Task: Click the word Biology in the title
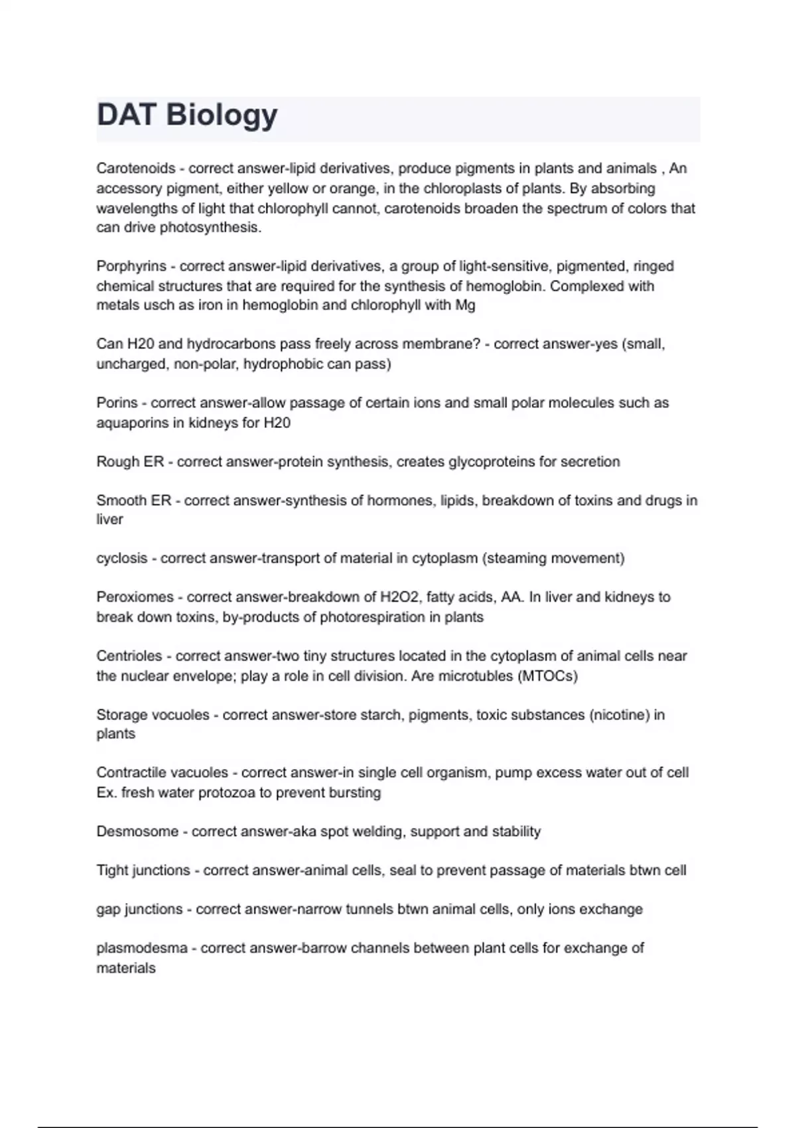coord(222,115)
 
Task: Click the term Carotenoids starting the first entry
coord(136,169)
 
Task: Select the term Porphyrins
coord(131,267)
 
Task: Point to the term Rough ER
coord(130,462)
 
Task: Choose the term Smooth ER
coord(134,500)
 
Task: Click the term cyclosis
coord(122,559)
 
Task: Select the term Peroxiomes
coord(135,597)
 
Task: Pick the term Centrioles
coord(129,656)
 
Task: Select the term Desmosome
coord(137,831)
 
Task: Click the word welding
coord(378,831)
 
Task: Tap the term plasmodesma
coord(142,948)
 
